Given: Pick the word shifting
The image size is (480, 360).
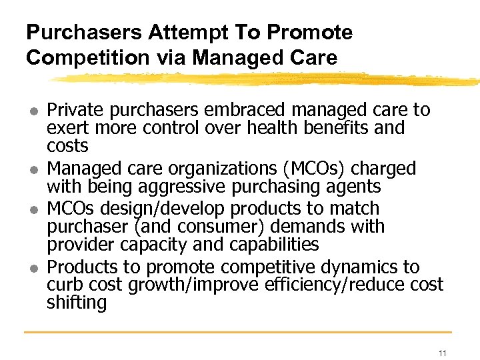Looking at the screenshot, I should point(77,303).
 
